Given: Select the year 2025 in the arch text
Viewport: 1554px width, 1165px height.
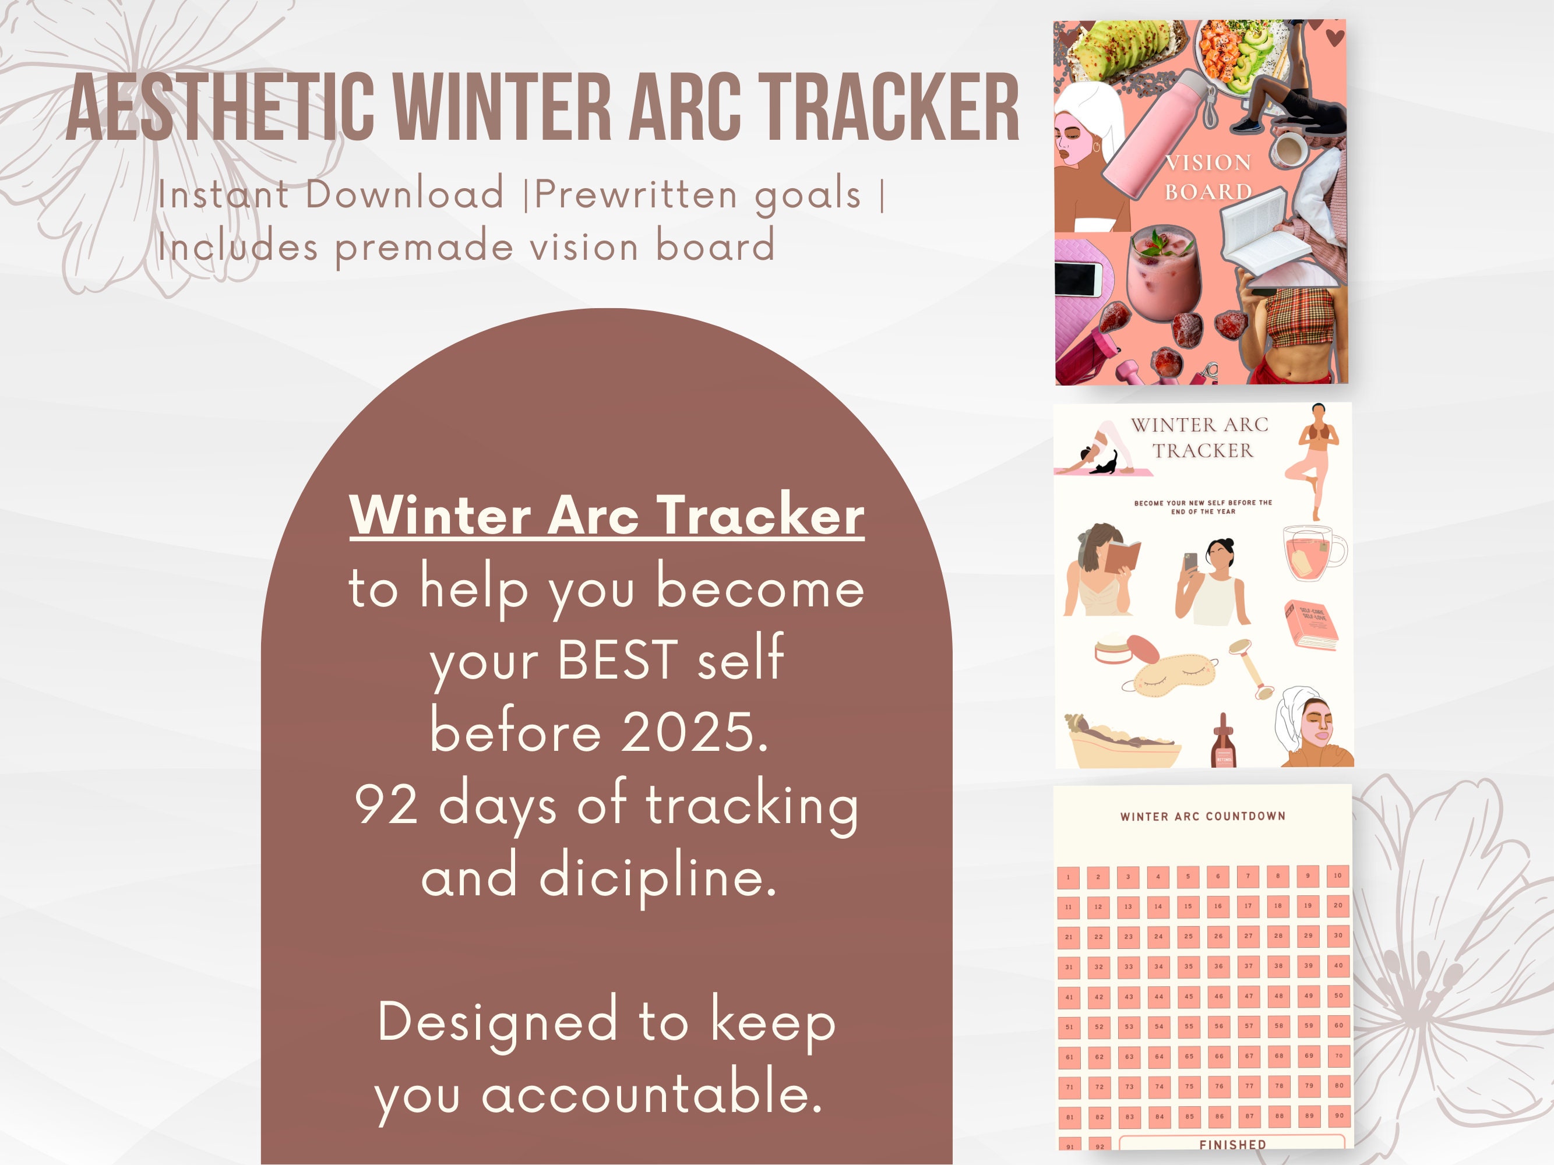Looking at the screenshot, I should (x=687, y=732).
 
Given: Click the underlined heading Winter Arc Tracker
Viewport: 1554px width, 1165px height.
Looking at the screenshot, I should (x=607, y=516).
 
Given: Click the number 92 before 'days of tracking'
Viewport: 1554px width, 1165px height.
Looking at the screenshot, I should (x=386, y=806).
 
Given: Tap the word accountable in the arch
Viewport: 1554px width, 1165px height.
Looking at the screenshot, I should (x=651, y=1094).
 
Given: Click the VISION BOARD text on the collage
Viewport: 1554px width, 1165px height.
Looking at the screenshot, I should (x=1208, y=177).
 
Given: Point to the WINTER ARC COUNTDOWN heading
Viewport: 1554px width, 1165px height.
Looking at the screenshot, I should (x=1203, y=816).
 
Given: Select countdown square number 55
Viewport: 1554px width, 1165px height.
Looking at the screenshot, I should (x=1189, y=1026).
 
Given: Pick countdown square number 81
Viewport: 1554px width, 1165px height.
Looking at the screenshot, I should (x=1069, y=1117).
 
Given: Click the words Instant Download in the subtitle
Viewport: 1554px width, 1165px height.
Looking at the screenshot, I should (x=331, y=194).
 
